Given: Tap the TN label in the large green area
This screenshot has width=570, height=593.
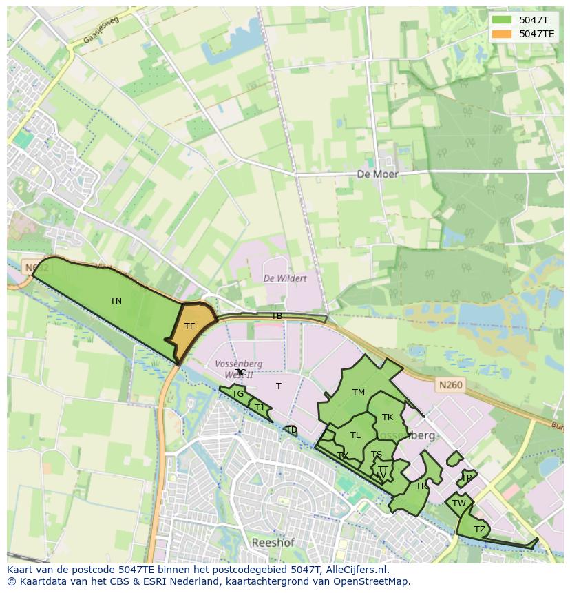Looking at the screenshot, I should click(x=116, y=301).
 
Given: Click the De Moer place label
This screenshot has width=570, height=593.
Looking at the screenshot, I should click(x=377, y=174).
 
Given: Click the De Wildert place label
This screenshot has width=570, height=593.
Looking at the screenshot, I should click(x=285, y=278).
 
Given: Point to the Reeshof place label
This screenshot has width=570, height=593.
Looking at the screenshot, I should click(x=273, y=543).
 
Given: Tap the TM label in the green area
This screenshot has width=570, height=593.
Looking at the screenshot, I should click(x=358, y=393).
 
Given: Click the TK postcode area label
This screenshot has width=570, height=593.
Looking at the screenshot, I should click(x=388, y=417).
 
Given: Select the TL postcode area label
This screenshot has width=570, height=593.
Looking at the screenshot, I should click(x=355, y=435).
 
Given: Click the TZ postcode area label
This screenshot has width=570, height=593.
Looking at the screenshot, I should click(x=479, y=529).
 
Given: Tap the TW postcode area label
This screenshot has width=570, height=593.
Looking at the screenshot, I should click(x=459, y=503).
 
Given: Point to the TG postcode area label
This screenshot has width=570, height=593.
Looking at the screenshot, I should click(x=237, y=394).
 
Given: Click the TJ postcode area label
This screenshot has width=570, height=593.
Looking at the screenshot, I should click(x=259, y=407).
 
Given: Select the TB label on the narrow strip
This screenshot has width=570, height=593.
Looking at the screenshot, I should click(x=276, y=316).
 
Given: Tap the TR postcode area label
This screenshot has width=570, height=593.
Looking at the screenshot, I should click(x=421, y=486).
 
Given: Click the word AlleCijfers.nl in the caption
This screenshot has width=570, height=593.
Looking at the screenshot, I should click(x=358, y=570).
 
